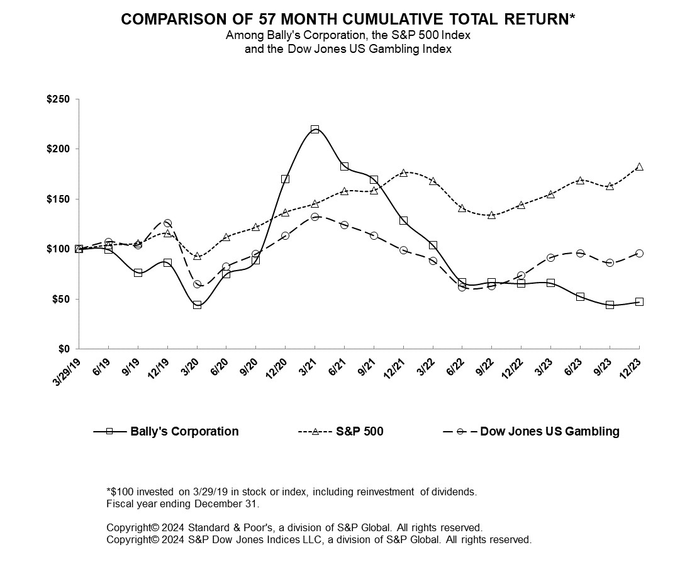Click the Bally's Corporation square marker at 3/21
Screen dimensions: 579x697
(315, 129)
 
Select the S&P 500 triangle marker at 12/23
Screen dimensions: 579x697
(639, 167)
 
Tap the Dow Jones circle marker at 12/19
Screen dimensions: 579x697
(167, 223)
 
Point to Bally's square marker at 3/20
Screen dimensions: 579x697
(197, 305)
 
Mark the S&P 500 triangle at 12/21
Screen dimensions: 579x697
(403, 172)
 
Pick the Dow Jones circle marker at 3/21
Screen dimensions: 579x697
(315, 216)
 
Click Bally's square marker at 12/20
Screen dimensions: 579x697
(286, 179)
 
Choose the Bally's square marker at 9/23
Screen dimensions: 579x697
(610, 305)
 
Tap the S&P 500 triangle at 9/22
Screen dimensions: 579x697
(492, 215)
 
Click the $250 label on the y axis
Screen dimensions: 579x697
(61, 99)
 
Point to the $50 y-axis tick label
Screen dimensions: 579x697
(64, 299)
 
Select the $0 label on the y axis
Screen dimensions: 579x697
(66, 349)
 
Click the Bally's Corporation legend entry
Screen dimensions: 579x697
(184, 432)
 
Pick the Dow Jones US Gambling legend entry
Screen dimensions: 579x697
(549, 432)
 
